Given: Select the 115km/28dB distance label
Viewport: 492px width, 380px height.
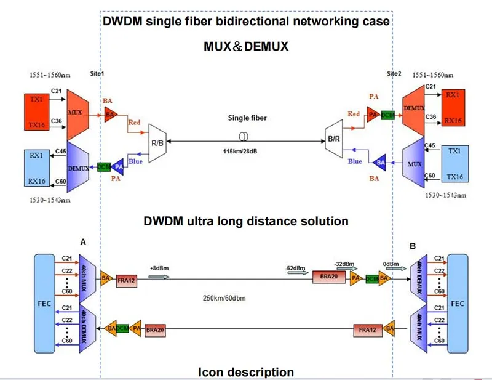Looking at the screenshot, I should [x=244, y=151].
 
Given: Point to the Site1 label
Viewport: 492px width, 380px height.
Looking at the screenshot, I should [x=97, y=73].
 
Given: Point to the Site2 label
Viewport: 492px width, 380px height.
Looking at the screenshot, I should [x=394, y=73].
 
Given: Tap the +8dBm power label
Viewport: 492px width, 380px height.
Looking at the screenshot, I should [x=159, y=269].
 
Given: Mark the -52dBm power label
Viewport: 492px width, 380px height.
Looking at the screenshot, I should [x=293, y=269].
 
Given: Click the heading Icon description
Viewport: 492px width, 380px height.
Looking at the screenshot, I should [x=245, y=372].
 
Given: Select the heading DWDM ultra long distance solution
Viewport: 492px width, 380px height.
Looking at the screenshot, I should [x=246, y=220].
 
